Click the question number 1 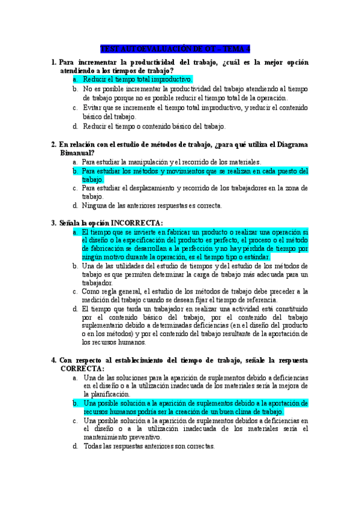point(54,62)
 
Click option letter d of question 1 point(75,127)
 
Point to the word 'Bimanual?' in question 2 point(77,153)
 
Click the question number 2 point(54,145)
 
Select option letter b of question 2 point(75,171)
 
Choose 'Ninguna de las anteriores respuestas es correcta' point(152,205)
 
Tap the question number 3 point(54,223)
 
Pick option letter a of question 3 point(75,232)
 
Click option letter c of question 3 point(75,291)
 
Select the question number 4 point(54,360)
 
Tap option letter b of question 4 point(75,403)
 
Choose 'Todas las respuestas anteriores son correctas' point(149,447)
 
